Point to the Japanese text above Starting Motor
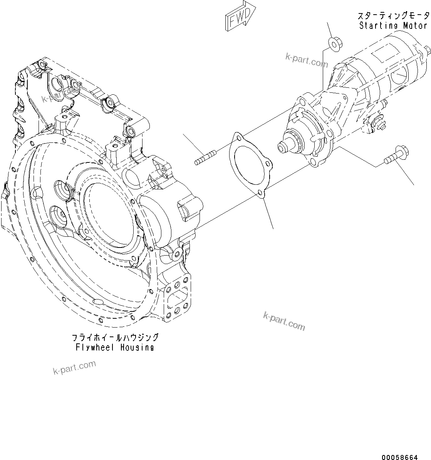tap(393, 16)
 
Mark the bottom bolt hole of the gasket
tap(261, 193)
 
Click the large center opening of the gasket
tap(248, 164)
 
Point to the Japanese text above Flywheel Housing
tap(115, 338)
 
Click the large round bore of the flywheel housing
tap(110, 216)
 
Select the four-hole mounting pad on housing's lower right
tap(178, 298)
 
